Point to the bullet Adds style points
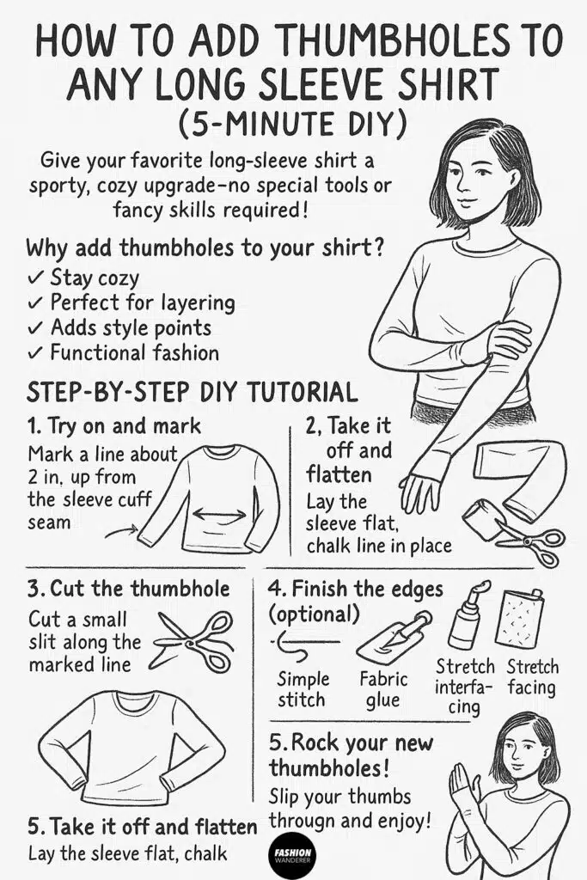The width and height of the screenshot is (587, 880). coord(130,327)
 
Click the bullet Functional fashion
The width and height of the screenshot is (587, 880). coord(134,352)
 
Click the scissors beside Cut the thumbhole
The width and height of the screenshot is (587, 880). coord(195,641)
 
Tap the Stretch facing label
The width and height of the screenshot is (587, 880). coord(531,677)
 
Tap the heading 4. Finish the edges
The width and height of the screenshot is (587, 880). coord(367,590)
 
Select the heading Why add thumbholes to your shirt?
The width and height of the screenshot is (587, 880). coord(205,248)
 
